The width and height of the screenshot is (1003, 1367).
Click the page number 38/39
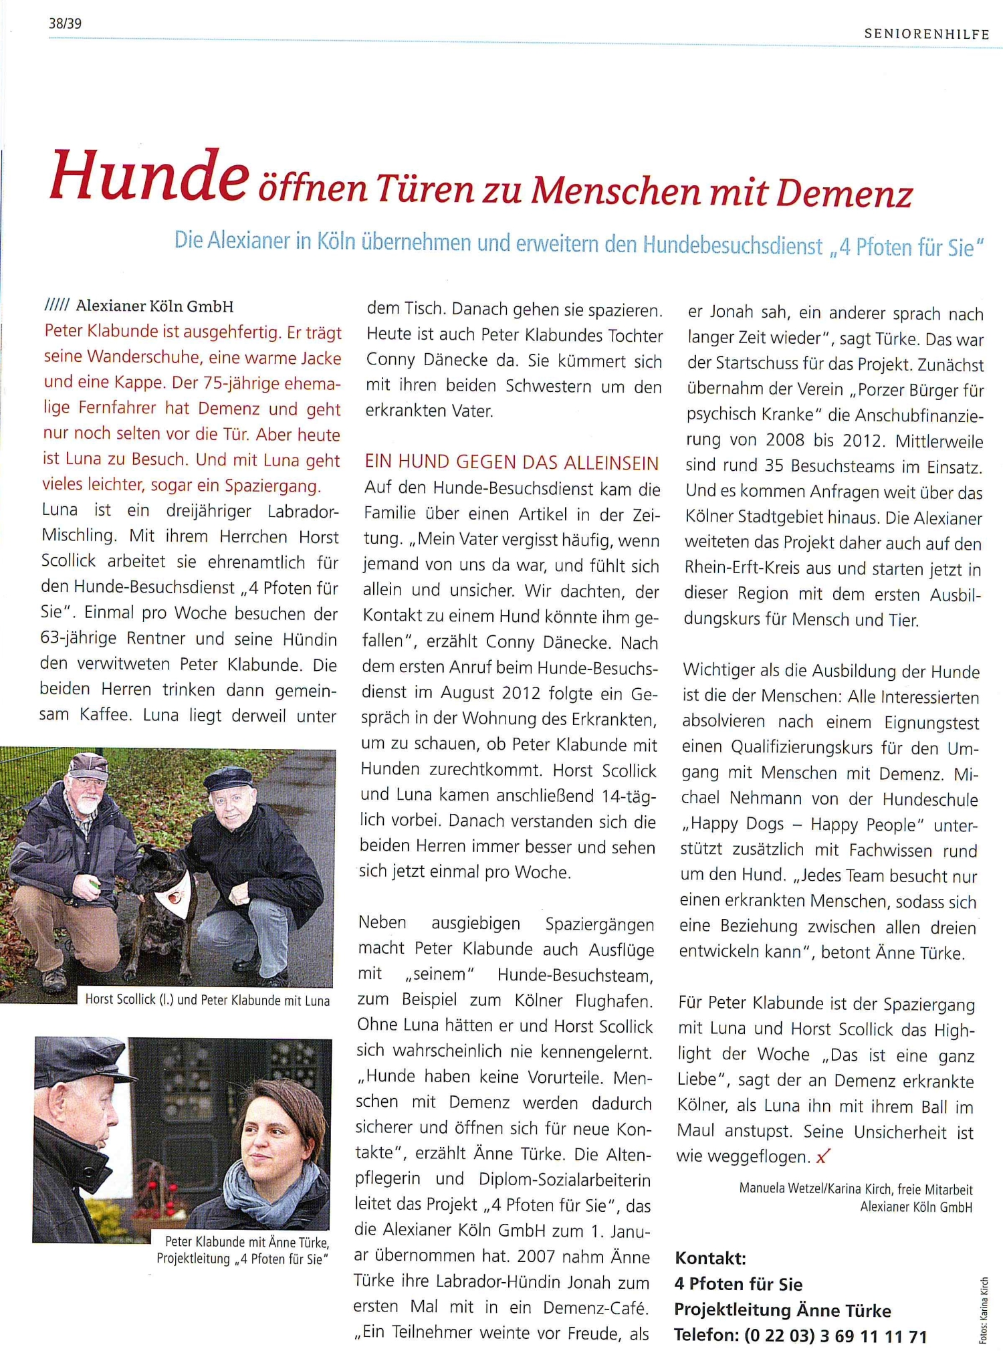65,23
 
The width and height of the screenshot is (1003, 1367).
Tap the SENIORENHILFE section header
926,34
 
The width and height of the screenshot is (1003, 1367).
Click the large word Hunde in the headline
149,177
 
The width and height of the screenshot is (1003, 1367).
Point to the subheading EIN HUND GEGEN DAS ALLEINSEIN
512,462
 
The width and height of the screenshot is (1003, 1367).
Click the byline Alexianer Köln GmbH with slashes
139,306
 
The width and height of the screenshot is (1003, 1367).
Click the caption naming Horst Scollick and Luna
207,1000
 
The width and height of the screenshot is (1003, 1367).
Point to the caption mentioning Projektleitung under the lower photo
243,1259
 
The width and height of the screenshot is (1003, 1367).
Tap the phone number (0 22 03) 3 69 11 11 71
836,1336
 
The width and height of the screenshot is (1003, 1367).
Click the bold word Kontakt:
710,1258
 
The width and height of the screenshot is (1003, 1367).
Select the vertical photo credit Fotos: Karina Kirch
983,1310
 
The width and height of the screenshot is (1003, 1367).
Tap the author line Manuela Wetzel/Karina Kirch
855,1189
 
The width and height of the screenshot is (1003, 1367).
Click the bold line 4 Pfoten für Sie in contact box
738,1284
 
